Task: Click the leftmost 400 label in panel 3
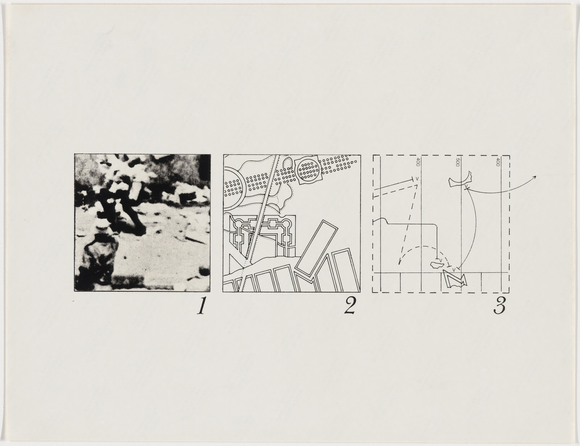click(x=418, y=162)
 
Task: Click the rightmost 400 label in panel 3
click(x=498, y=162)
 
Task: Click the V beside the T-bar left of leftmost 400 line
click(x=417, y=178)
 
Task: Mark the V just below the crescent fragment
click(x=466, y=186)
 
